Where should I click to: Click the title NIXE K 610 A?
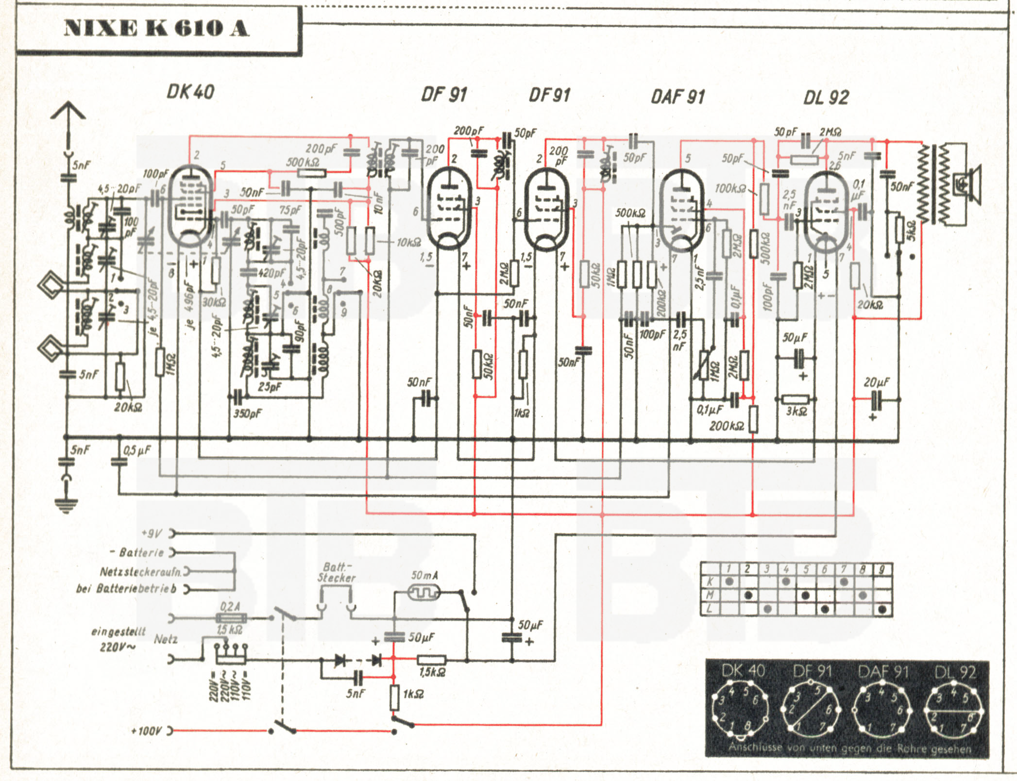[x=156, y=29]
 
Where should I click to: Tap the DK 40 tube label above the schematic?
[x=190, y=91]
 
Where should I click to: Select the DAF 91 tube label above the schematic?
[x=678, y=97]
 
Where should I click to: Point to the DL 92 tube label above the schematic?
[x=826, y=98]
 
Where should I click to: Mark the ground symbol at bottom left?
[x=66, y=505]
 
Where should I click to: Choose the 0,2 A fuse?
[x=231, y=618]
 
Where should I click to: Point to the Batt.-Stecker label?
[x=336, y=573]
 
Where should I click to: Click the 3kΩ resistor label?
[x=797, y=412]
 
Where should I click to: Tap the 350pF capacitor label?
[x=247, y=414]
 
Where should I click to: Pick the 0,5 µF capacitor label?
[x=136, y=450]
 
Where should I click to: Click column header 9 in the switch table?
[x=882, y=569]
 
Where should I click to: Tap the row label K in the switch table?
[x=710, y=582]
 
